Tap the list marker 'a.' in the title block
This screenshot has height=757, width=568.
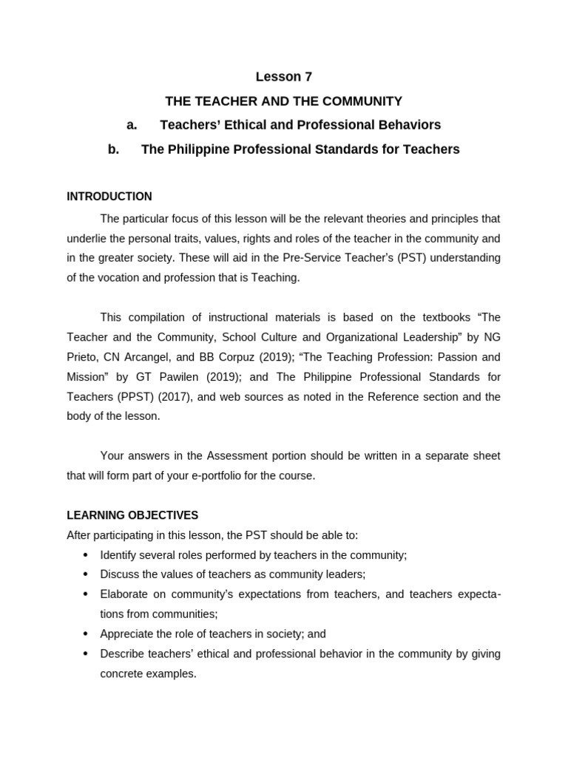click(x=132, y=125)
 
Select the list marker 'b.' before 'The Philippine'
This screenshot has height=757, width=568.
click(x=113, y=149)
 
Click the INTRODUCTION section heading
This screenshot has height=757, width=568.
click(x=109, y=197)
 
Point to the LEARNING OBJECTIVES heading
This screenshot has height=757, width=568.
click(x=132, y=515)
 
